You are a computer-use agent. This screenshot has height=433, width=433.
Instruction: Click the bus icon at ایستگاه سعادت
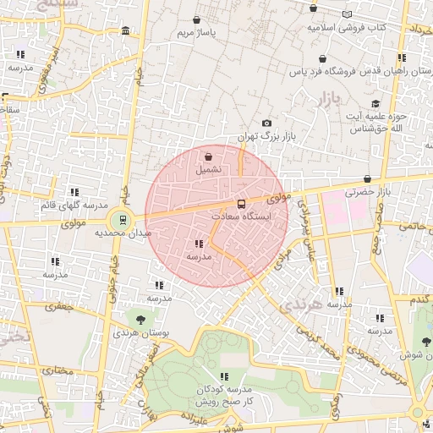tap(242, 204)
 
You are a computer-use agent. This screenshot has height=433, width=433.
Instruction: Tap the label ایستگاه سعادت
tap(242, 216)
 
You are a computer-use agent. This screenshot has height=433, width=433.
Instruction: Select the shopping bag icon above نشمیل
tap(208, 156)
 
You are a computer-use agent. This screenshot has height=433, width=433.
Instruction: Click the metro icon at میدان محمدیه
tap(123, 220)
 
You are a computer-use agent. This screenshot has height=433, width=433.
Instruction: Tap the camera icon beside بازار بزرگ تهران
tap(267, 123)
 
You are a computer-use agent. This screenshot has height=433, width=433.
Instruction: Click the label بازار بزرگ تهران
tap(257, 135)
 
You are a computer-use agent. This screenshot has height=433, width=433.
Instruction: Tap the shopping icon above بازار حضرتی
tap(367, 179)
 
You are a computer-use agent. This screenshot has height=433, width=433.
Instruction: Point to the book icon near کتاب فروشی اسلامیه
tap(348, 14)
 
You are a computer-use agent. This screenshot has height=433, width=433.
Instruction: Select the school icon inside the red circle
tap(198, 244)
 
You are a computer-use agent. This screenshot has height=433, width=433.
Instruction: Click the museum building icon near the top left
tap(125, 31)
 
